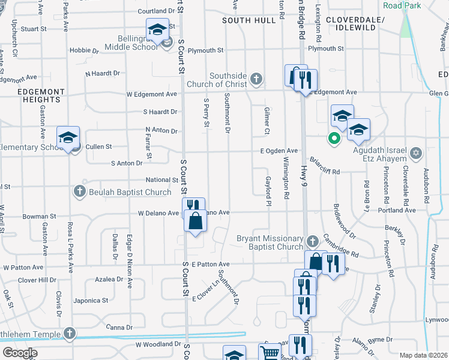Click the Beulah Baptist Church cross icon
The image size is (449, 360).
point(79,192)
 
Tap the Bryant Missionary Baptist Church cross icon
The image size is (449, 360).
point(312,242)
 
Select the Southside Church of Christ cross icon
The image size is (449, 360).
point(256,79)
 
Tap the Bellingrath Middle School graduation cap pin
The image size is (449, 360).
point(157,29)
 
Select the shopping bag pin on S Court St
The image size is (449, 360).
point(196,221)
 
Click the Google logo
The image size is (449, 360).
point(20,353)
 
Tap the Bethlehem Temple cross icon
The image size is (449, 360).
point(70,333)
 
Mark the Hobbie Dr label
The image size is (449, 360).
point(85,50)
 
